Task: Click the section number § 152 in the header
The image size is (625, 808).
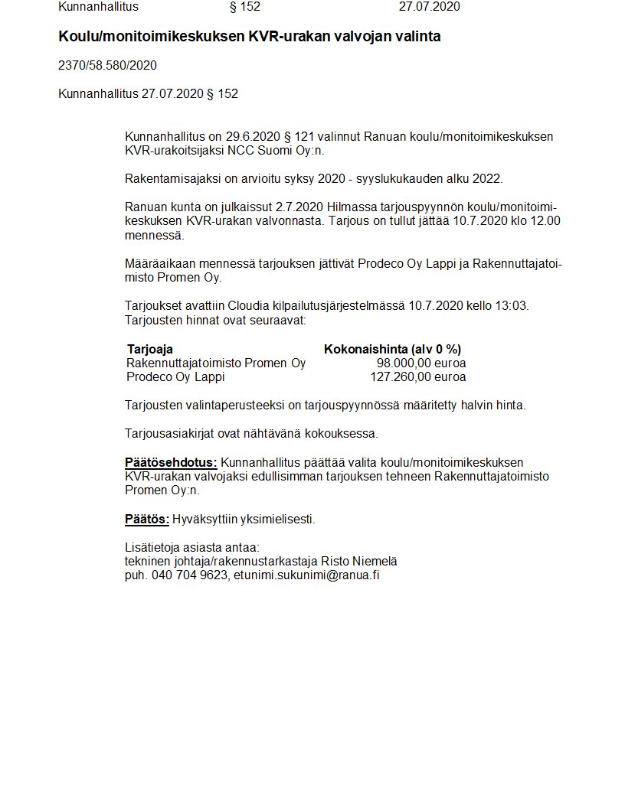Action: point(245,7)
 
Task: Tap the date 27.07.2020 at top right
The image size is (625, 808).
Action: point(430,7)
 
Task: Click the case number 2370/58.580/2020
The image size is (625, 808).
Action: point(107,66)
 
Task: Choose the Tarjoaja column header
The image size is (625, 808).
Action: point(150,349)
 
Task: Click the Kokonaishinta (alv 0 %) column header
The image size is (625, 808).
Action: point(392,349)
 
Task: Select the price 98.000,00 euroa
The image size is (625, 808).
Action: point(420,363)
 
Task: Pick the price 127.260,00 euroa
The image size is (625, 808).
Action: point(417,376)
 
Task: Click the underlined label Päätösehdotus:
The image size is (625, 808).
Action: point(171,462)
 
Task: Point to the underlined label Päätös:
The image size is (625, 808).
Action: point(147,519)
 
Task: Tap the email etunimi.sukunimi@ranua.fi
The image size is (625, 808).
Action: point(306,575)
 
